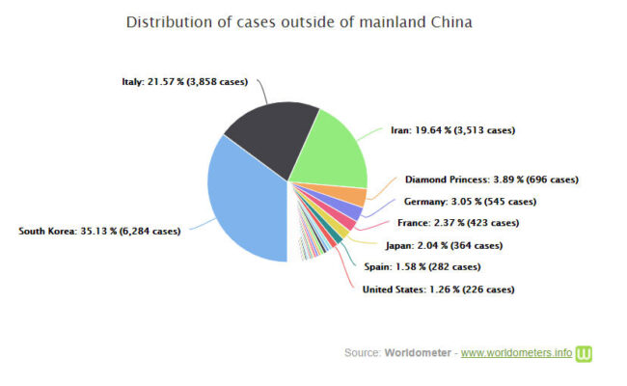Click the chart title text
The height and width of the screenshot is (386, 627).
tap(299, 20)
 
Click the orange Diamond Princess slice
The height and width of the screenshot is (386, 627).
tap(356, 196)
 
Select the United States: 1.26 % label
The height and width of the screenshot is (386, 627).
tap(438, 289)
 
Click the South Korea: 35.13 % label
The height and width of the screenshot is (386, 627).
tap(99, 231)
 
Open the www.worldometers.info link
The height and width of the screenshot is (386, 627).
tap(516, 353)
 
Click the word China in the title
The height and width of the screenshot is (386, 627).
tap(450, 20)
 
